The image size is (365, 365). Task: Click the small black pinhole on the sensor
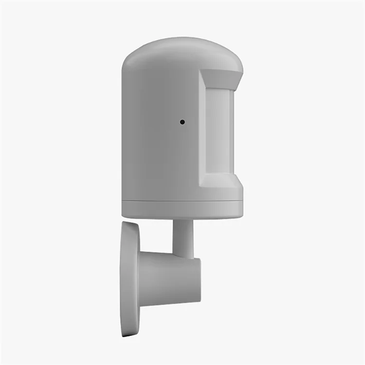pos(182,122)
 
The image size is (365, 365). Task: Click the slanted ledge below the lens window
pos(221,181)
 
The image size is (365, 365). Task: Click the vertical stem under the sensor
pos(183,236)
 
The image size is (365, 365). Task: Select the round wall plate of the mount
pos(130,277)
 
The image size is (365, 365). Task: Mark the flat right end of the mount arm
pos(198,280)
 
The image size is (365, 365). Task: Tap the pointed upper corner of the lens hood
pos(242,73)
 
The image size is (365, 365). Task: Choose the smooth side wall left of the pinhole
pos(146,127)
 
